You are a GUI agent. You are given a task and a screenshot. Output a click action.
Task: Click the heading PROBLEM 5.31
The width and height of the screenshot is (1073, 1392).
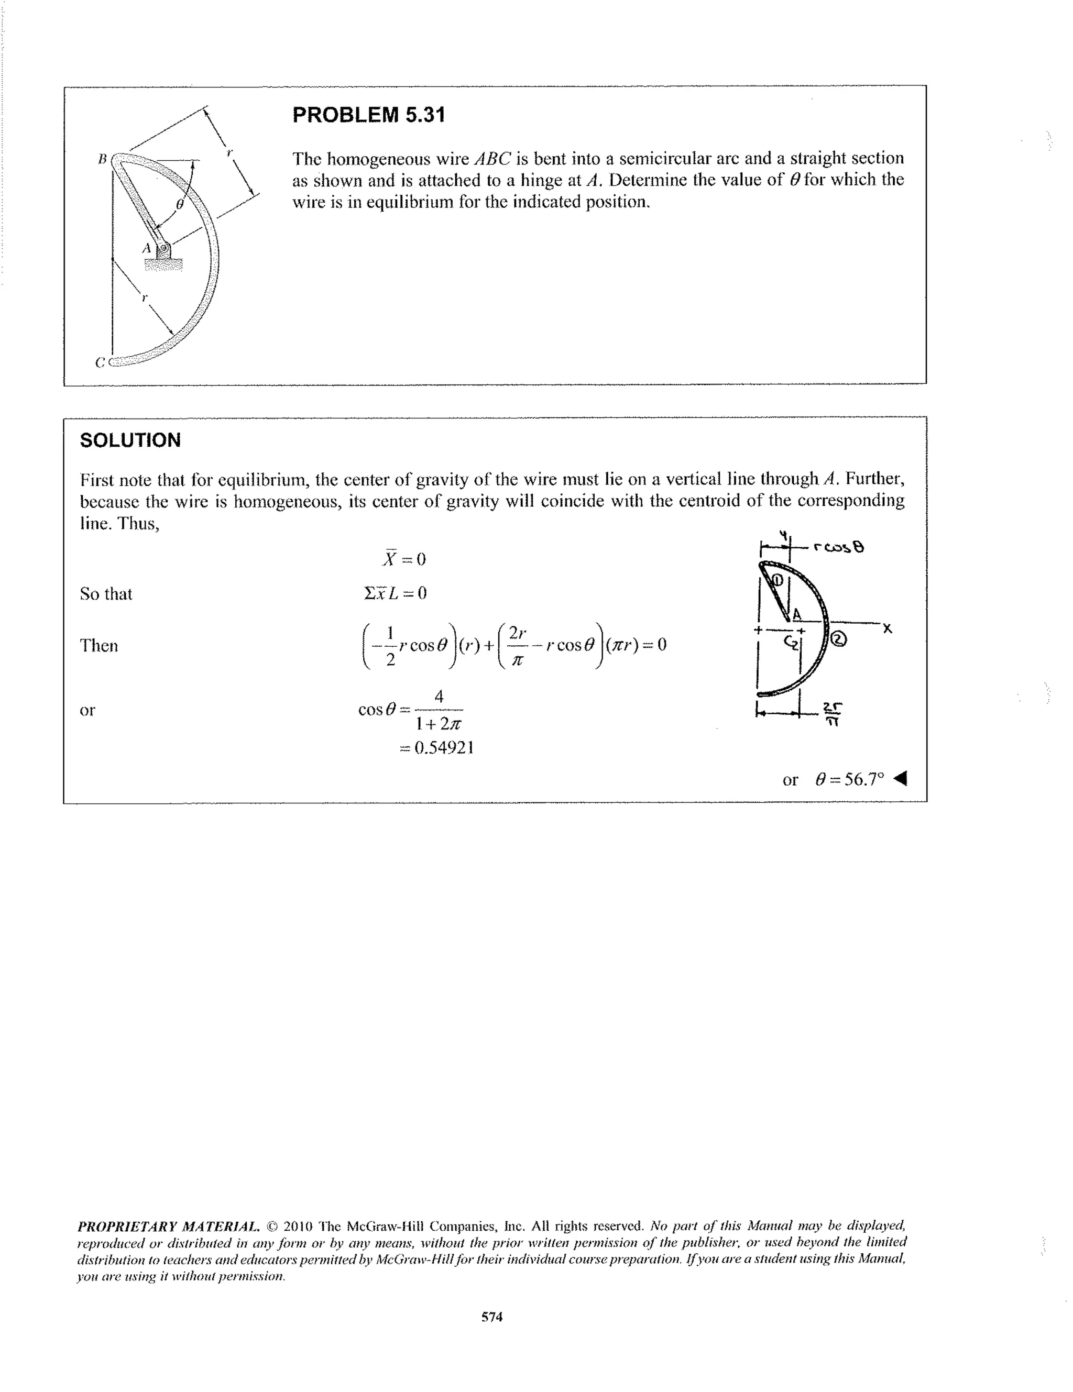368,115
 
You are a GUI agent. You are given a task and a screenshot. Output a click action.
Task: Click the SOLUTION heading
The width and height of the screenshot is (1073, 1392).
130,440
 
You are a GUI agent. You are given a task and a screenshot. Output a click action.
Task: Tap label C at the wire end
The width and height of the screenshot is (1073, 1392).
100,362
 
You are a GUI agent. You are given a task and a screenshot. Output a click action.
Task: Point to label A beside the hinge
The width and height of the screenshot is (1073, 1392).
147,247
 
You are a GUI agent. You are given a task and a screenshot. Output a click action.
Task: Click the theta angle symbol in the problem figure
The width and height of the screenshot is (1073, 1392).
179,205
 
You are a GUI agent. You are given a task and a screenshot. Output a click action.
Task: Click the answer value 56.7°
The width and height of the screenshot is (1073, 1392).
850,779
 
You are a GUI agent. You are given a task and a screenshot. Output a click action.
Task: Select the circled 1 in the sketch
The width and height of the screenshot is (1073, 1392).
778,579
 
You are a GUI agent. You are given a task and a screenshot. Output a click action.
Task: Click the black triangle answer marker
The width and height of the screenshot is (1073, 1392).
900,779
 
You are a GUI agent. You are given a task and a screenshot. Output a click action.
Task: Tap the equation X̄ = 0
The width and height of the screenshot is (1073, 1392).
403,559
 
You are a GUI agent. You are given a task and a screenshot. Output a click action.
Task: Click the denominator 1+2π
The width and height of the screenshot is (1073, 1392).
438,725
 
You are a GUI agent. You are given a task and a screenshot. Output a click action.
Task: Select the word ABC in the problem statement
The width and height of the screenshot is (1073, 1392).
490,158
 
